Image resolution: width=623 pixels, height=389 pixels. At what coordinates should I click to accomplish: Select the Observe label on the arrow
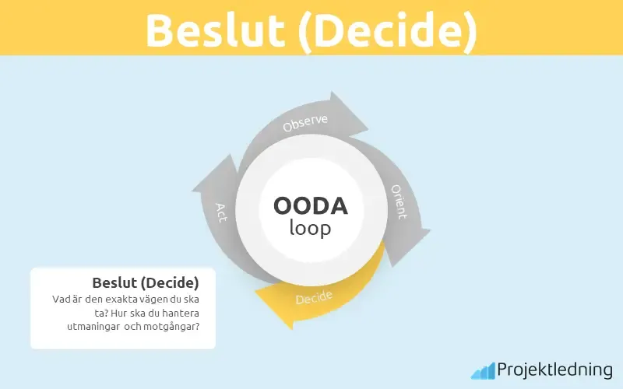pyautogui.click(x=305, y=124)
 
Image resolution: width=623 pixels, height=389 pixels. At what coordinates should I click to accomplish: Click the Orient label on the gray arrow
pyautogui.click(x=399, y=202)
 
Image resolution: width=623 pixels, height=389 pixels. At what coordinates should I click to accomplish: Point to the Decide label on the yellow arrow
pyautogui.click(x=314, y=297)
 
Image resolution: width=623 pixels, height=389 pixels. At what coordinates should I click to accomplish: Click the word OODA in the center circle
pyautogui.click(x=311, y=206)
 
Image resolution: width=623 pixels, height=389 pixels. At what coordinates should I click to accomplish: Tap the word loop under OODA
pyautogui.click(x=311, y=229)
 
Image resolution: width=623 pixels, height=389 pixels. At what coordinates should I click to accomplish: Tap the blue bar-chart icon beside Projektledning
pyautogui.click(x=482, y=370)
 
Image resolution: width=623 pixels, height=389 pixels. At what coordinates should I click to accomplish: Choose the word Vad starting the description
pyautogui.click(x=62, y=298)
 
